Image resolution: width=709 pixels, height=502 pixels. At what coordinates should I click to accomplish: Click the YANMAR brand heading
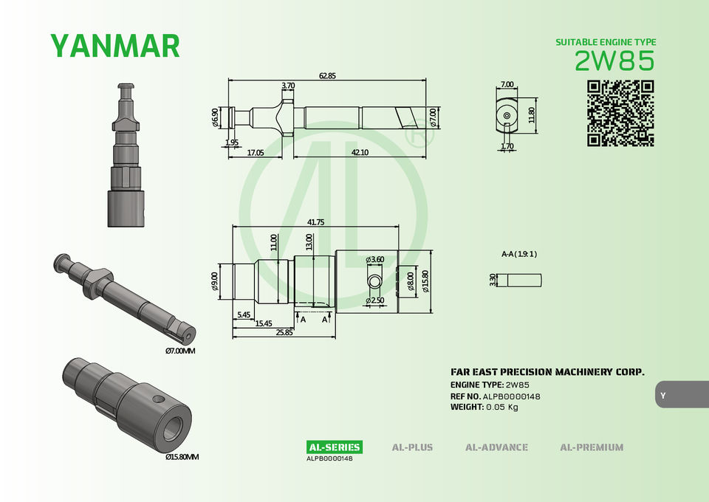click(115, 46)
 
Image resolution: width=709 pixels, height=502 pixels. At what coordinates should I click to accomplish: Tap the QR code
click(620, 114)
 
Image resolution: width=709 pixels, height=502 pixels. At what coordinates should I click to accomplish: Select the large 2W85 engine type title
click(614, 61)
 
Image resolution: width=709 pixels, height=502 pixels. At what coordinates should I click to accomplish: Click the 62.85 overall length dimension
click(327, 76)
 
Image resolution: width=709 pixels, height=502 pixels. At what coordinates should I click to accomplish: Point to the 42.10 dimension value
click(360, 152)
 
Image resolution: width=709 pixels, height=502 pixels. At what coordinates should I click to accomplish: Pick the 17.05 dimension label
click(256, 153)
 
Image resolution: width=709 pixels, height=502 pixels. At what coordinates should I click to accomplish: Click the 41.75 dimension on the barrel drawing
click(315, 222)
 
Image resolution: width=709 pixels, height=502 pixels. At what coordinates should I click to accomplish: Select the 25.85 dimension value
click(284, 332)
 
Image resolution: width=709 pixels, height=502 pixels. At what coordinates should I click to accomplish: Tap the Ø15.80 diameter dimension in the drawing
click(425, 281)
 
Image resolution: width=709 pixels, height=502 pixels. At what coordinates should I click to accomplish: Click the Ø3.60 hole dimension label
click(375, 259)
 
